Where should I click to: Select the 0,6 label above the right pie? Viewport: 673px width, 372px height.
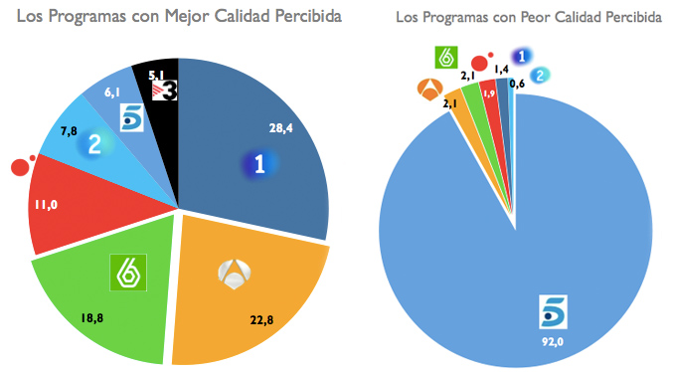[518, 84]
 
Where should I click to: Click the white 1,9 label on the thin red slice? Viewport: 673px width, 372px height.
[488, 93]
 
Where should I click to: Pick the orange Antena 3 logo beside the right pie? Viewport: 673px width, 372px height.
[429, 91]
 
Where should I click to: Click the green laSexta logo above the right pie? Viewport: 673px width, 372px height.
[446, 58]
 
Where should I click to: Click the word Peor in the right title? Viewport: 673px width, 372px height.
[535, 18]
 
